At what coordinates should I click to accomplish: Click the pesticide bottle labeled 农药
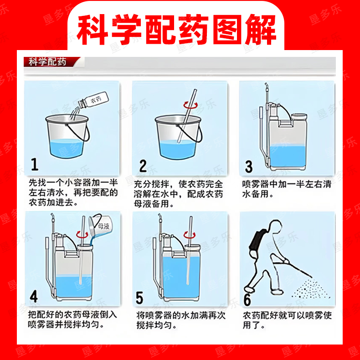pos(93,100)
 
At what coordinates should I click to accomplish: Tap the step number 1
pos(35,164)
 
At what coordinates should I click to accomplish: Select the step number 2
pos(143,166)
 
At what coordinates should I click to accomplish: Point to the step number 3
pos(249,167)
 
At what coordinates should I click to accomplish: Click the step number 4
pos(34,296)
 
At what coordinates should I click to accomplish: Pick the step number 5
pos(139,298)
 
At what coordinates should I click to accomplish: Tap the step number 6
pos(247,299)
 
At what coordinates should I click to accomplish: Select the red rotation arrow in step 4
pos(82,235)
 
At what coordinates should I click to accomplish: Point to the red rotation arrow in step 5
pos(190,235)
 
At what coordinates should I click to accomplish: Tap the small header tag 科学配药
pos(47,62)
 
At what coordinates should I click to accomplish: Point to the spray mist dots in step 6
pos(310,289)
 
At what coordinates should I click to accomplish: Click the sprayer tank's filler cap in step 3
pos(299,117)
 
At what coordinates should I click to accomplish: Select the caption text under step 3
pos(287,189)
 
